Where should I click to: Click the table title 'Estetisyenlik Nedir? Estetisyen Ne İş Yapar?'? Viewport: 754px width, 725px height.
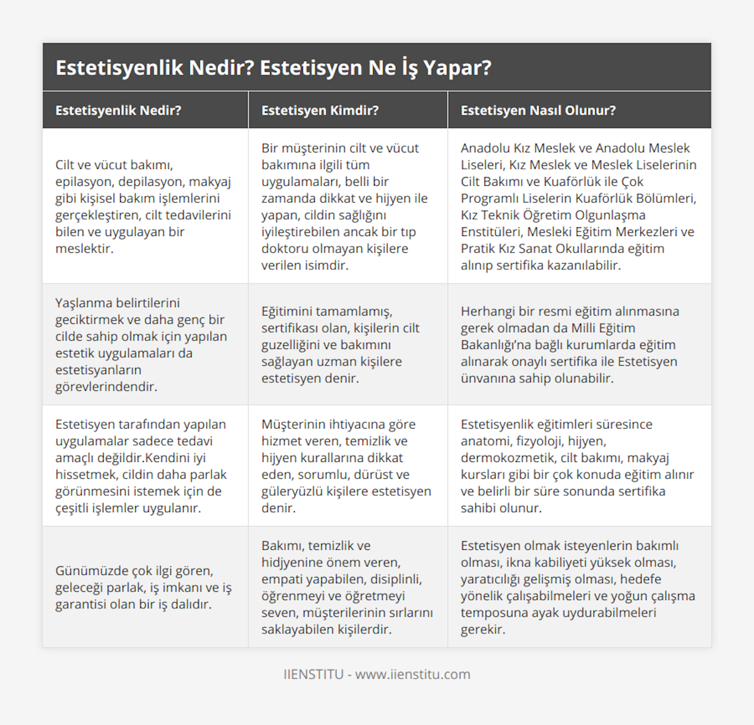coord(273,68)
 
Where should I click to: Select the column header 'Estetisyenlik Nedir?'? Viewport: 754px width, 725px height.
coord(118,110)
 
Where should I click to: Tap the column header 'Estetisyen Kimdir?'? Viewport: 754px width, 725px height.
coord(320,110)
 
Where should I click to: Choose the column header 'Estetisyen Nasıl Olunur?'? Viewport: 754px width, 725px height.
coord(538,110)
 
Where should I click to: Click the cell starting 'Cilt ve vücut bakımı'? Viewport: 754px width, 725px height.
coord(143,207)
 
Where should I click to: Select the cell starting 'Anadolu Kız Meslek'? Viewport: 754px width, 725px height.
coord(578,207)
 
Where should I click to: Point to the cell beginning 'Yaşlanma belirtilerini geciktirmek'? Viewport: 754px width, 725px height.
coord(141,345)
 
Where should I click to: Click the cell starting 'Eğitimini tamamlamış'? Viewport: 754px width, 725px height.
coord(341,345)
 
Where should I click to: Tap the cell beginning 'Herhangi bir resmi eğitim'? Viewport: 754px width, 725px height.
coord(569,345)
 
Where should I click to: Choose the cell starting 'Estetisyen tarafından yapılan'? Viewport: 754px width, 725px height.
coord(141,466)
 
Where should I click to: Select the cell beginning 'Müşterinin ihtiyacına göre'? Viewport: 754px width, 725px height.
coord(346,466)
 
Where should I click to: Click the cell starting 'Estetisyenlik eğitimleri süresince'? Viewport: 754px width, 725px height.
coord(577,466)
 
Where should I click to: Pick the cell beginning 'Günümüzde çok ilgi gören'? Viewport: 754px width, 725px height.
coord(143,588)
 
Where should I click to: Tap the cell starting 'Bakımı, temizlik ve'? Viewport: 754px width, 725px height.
coord(347,588)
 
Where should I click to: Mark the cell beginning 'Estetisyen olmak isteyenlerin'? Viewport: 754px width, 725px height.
coord(577,588)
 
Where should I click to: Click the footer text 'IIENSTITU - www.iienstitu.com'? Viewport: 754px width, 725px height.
coord(376,674)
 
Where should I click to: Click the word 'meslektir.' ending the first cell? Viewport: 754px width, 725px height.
coord(84,249)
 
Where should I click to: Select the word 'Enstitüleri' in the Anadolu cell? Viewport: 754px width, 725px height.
coord(491,232)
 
